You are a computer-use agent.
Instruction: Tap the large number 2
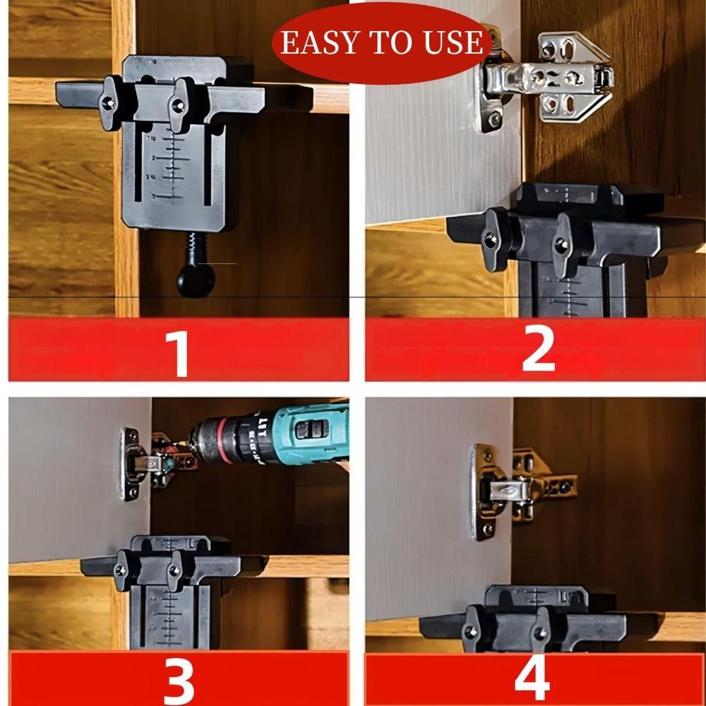point(538,349)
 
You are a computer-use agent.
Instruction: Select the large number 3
point(178,679)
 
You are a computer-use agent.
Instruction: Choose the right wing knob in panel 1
point(181,104)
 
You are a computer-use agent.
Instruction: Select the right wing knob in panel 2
point(562,244)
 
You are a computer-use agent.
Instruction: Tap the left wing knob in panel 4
point(472,630)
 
